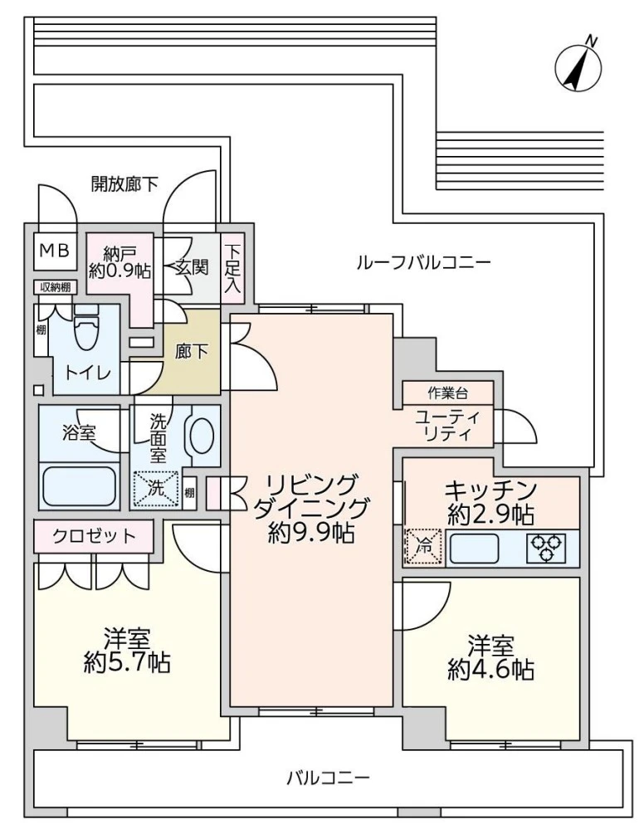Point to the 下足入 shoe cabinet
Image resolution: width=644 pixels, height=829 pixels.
233,267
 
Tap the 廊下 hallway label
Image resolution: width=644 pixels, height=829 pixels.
192,351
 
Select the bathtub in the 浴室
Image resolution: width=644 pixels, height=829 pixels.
79,486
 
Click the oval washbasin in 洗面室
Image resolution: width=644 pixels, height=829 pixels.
202,434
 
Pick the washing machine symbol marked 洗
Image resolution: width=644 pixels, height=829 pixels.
157,488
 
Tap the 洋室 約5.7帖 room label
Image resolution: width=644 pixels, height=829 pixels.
127,651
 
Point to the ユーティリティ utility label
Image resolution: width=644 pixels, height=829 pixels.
448,425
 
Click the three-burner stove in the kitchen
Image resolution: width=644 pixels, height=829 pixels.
548,548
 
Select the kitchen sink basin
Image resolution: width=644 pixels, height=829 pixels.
475,548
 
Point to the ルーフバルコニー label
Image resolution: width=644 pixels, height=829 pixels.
423,263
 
